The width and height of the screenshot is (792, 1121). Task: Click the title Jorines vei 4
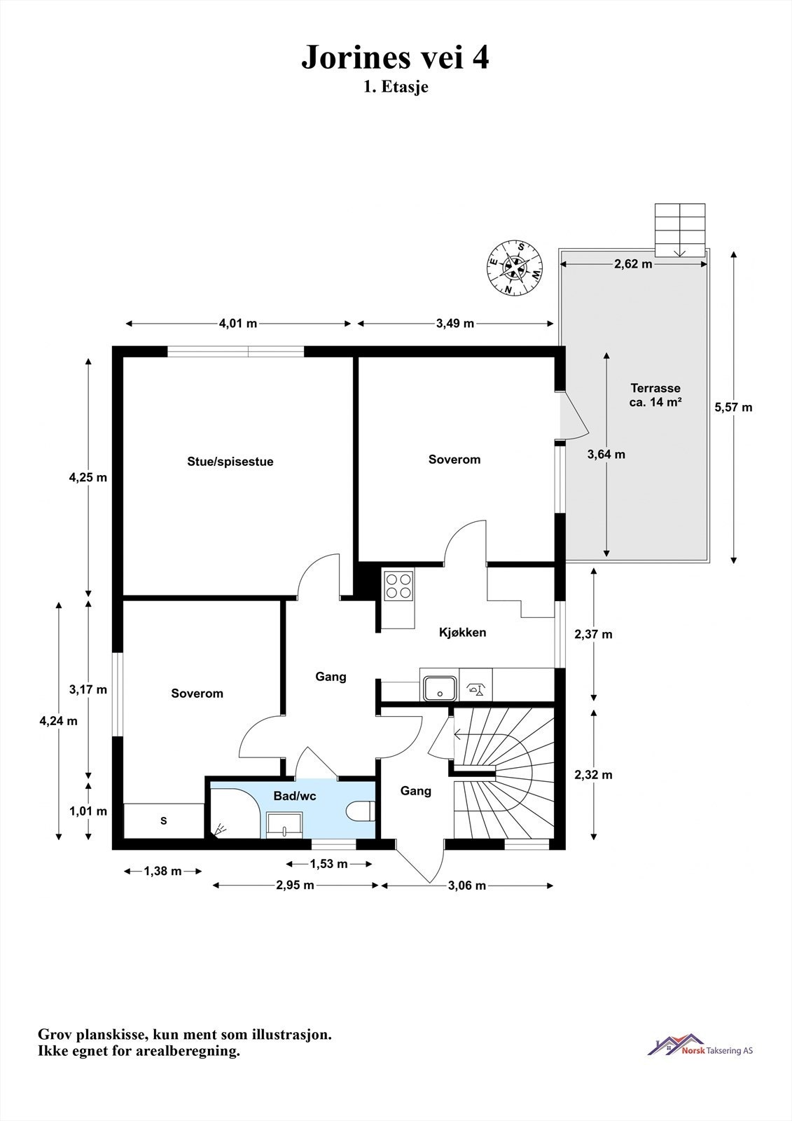395,57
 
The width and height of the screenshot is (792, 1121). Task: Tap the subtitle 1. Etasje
396,87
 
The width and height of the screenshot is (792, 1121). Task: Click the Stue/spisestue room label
230,462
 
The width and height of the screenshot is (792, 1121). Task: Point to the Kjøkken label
463,633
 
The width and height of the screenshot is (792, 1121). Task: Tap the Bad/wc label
295,796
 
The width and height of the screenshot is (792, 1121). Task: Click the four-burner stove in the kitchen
398,586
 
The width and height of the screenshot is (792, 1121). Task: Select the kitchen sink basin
440,689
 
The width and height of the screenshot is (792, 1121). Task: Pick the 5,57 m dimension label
733,407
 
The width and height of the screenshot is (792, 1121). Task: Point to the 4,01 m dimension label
238,323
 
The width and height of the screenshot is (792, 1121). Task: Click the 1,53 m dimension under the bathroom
328,863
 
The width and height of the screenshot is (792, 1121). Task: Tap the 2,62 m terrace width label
634,263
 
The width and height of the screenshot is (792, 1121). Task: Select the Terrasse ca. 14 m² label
655,395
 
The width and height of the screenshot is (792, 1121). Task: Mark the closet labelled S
164,820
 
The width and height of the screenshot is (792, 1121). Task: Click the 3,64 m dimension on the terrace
606,455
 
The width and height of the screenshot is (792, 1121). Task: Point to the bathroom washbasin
284,824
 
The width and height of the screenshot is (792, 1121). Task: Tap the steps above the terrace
680,231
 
